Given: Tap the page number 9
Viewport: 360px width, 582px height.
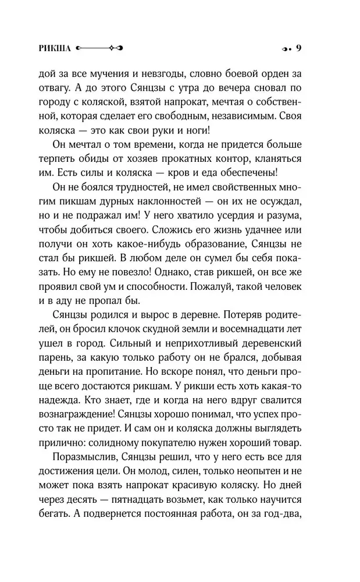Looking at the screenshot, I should (298, 48).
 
